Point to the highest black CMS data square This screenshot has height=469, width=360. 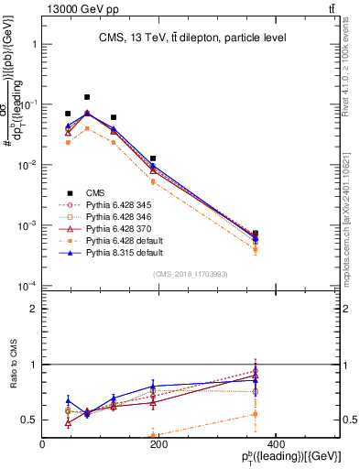[87, 97]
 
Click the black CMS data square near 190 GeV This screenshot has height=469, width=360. [153, 158]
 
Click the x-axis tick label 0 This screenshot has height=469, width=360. [42, 444]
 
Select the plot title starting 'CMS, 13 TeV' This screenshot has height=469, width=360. [191, 38]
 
